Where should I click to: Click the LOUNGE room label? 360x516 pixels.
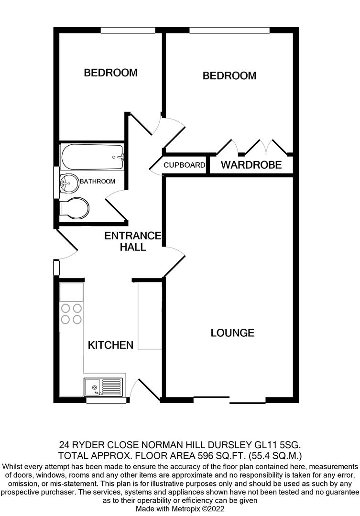pos(232,333)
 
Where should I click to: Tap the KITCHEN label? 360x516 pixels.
pos(110,345)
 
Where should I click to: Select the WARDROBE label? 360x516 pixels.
pos(251,166)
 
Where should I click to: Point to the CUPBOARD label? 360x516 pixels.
pos(185,165)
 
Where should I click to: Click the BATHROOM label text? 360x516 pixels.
pos(98,182)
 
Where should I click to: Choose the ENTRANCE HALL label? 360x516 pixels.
pos(133,241)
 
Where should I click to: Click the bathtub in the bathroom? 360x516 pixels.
pos(92,156)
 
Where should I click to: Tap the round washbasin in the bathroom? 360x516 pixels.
pos(70,182)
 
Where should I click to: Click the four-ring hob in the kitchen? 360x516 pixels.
pos(71,314)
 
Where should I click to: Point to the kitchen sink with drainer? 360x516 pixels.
pos(103,386)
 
